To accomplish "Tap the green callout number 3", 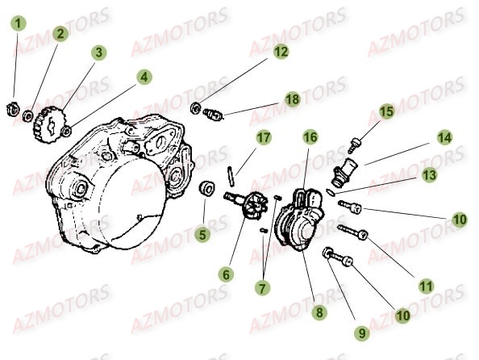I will tap(98, 53).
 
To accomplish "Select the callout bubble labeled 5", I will tap(202, 235).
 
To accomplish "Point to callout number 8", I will tap(319, 312).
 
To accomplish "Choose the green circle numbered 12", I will tap(280, 52).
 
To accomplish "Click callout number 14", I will tap(444, 137).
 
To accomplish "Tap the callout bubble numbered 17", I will tap(262, 138).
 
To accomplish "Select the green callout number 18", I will tap(291, 98).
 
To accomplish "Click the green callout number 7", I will tap(263, 286).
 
